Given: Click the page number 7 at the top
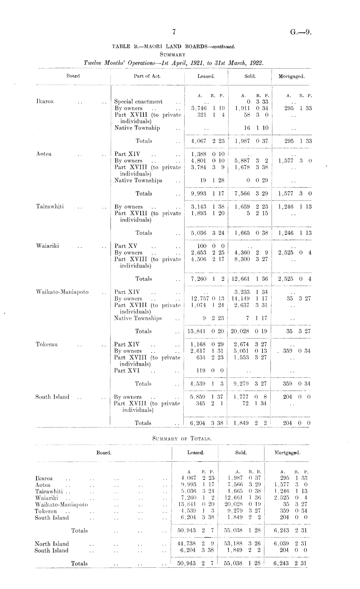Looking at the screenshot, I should pyautogui.click(x=174, y=31).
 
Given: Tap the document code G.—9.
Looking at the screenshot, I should pyautogui.click(x=301, y=32).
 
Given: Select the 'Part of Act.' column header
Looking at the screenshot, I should pyautogui.click(x=147, y=76).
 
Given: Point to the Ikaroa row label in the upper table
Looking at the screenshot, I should pyautogui.click(x=45, y=101).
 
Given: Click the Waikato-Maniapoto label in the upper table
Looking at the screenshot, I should pyautogui.click(x=62, y=292).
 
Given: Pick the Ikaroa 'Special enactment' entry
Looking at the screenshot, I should pyautogui.click(x=139, y=102).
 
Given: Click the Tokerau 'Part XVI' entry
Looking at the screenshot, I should pyautogui.click(x=127, y=371).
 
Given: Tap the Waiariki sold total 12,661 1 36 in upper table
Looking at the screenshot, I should pyautogui.click(x=249, y=279).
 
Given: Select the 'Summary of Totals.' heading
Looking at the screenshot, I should pyautogui.click(x=181, y=438).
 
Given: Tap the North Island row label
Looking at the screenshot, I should pyautogui.click(x=52, y=544).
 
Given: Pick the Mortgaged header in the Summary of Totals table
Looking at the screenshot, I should pyautogui.click(x=287, y=453).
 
